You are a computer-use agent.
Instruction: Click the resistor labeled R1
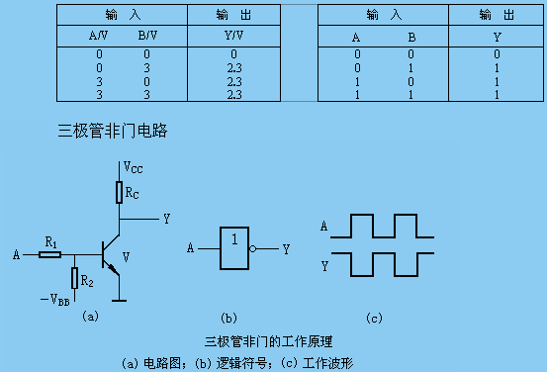(50, 254)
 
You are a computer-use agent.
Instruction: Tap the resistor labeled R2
(74, 279)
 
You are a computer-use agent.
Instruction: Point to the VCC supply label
(134, 168)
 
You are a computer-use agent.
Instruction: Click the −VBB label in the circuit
(55, 299)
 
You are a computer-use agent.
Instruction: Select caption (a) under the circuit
(90, 317)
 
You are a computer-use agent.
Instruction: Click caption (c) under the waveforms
(374, 318)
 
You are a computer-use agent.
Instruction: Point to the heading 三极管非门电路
(117, 130)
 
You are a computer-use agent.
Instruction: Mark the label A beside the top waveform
(323, 227)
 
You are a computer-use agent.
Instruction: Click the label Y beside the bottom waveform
(323, 265)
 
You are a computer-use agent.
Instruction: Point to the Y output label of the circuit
(165, 218)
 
